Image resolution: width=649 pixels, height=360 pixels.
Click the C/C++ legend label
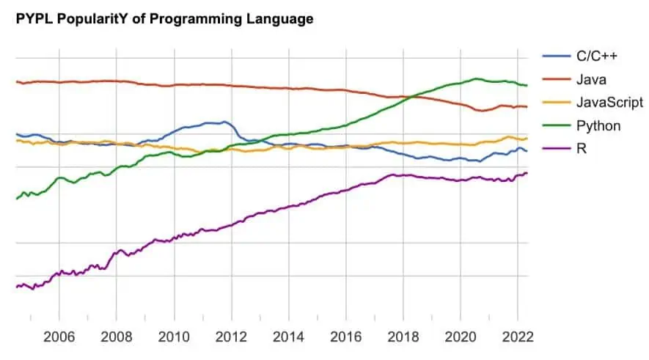tap(597, 56)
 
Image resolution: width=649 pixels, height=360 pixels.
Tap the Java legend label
tap(591, 79)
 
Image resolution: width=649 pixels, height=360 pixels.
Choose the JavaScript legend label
tap(609, 102)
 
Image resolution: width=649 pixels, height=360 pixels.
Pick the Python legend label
tap(598, 125)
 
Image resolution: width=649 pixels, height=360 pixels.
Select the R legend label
tap(582, 149)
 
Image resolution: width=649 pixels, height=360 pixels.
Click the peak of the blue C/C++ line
tap(224, 122)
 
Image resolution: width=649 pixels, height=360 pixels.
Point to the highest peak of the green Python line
tap(477, 78)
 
